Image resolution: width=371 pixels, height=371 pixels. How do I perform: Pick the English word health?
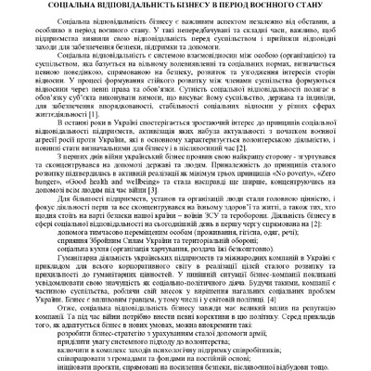click(x=83, y=209)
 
